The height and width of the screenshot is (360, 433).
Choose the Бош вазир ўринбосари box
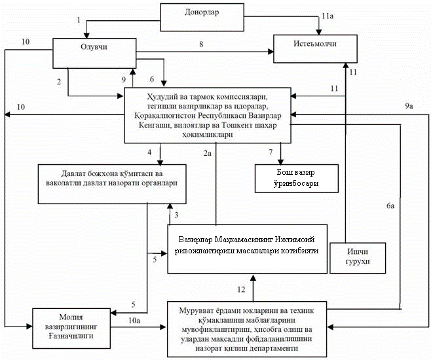coord(296,177)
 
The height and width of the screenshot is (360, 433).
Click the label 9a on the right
coord(410,106)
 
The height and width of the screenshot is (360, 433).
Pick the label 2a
coord(207,153)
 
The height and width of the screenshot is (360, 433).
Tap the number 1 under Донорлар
coord(79,20)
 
